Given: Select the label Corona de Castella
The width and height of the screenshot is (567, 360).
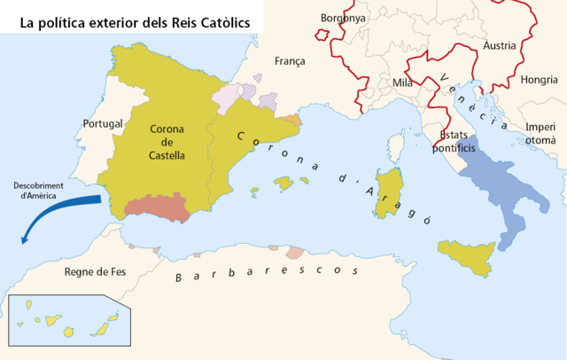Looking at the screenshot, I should pyautogui.click(x=167, y=142).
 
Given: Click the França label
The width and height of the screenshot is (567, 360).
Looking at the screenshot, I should pyautogui.click(x=290, y=61).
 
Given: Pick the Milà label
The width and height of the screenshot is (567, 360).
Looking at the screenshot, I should pyautogui.click(x=402, y=83).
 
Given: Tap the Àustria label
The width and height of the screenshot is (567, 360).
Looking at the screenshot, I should pyautogui.click(x=500, y=44).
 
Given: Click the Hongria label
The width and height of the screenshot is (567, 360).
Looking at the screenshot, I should pyautogui.click(x=539, y=80).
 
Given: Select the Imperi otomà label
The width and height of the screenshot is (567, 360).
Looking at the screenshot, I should pyautogui.click(x=540, y=133).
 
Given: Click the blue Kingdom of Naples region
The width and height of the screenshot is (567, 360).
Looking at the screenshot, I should pyautogui.click(x=496, y=186).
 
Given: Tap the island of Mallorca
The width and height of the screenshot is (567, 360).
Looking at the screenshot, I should pyautogui.click(x=283, y=183).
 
